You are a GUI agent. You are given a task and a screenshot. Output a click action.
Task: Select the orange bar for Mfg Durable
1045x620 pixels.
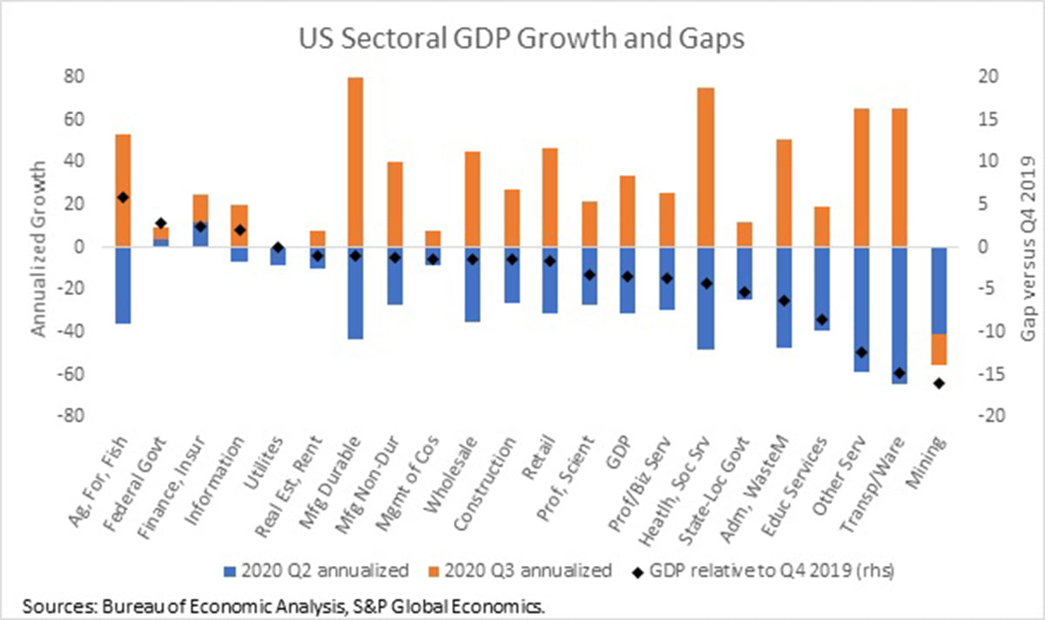click(355, 162)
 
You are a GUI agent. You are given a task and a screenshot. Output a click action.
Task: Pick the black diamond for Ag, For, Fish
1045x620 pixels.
click(123, 198)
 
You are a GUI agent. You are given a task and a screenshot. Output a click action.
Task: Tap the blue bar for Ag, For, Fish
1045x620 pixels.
click(123, 286)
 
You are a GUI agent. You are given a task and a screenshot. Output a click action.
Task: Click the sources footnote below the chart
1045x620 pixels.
click(284, 604)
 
